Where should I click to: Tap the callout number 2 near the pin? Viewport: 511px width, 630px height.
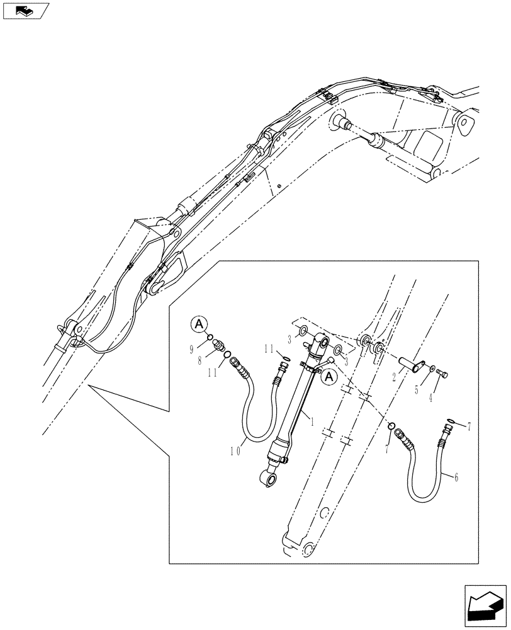[395, 376]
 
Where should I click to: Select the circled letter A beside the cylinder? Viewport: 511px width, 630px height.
[328, 377]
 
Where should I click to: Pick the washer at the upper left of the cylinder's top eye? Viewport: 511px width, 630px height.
[303, 331]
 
